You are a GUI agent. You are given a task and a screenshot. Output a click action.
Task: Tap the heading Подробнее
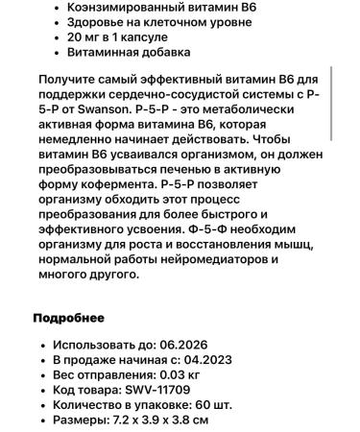(x=68, y=318)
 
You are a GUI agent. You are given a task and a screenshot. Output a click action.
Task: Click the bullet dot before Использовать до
(x=39, y=344)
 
